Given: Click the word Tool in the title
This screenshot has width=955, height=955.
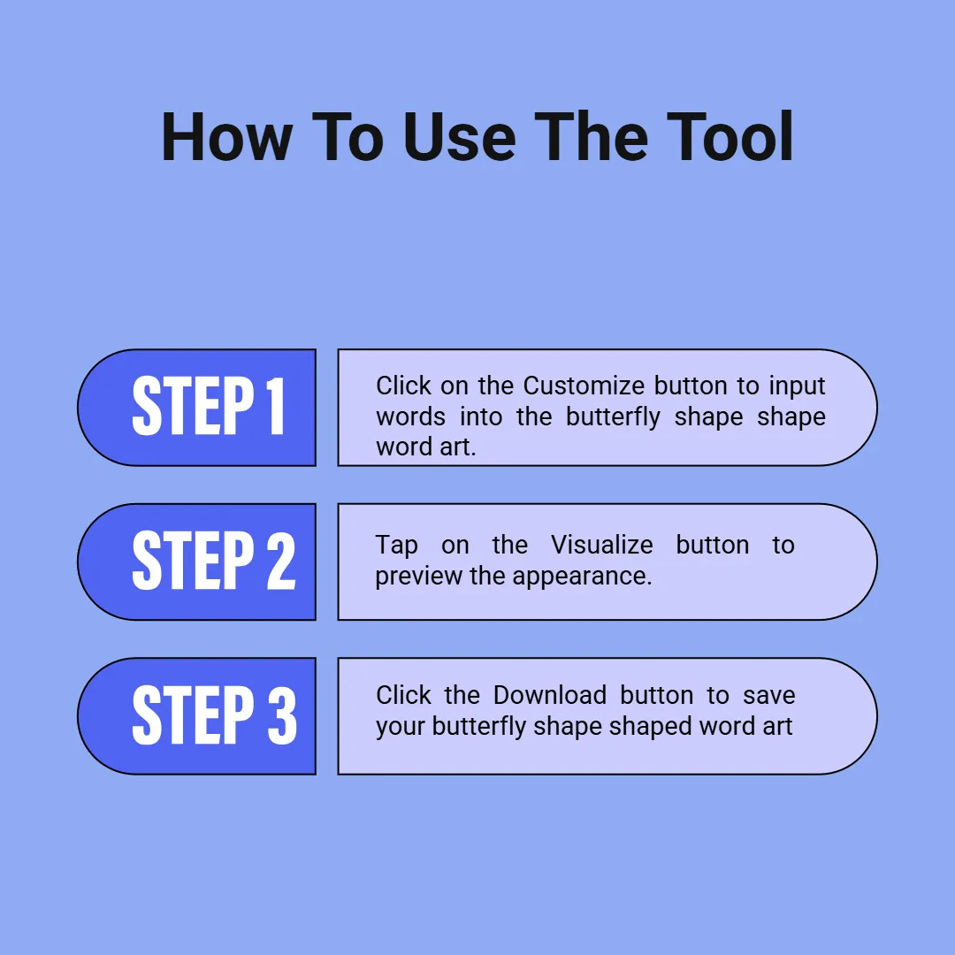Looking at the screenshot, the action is tap(730, 137).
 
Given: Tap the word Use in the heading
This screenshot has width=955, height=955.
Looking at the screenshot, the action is tap(459, 137).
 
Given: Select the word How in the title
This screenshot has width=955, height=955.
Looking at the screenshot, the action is tap(226, 137).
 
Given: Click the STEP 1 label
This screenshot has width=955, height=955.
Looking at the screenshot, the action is tap(209, 406).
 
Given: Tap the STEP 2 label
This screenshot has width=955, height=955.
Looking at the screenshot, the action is tap(214, 560).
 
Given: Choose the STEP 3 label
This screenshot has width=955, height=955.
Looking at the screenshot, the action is tap(214, 714).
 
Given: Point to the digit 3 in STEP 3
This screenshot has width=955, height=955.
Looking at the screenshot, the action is tap(282, 714).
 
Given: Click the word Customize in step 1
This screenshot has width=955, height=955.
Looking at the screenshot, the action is tap(584, 386).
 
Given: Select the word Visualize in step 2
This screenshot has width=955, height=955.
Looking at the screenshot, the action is tap(602, 545).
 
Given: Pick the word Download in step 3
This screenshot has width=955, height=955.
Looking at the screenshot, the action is tap(550, 695).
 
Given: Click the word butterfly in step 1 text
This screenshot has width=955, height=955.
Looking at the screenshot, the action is tap(613, 417).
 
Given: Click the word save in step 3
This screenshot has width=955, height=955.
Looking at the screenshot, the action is tap(768, 696).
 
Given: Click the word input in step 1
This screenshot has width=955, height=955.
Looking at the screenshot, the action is tap(797, 386).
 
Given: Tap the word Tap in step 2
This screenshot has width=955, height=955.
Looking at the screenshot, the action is tap(396, 546).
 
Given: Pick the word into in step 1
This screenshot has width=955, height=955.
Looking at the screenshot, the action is tap(481, 417).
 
